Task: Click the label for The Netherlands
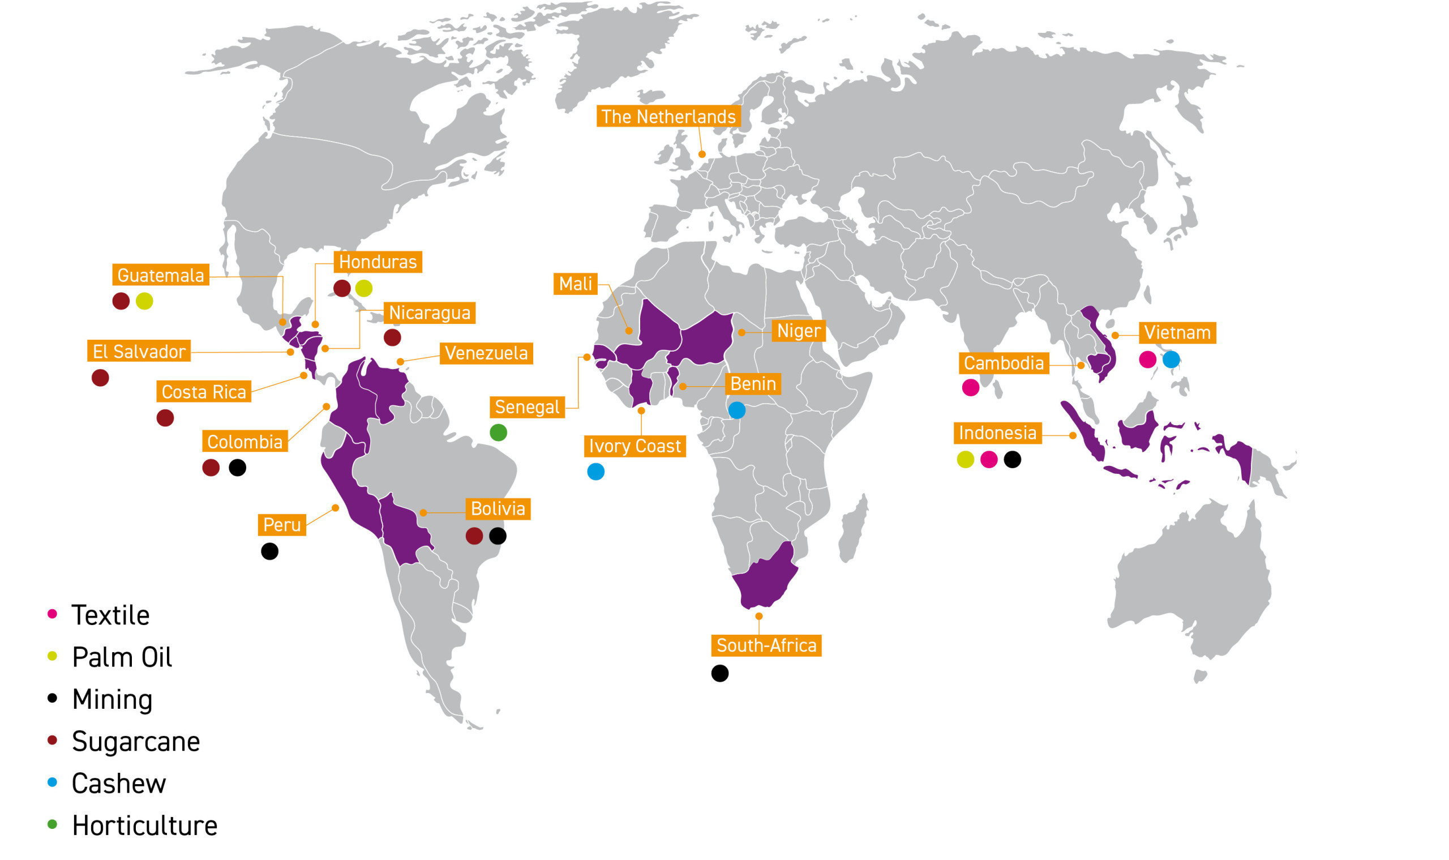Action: click(668, 117)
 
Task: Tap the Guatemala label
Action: click(161, 275)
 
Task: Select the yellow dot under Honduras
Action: click(364, 288)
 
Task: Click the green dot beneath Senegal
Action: click(498, 433)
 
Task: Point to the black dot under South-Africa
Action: click(719, 673)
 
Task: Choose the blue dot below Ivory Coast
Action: click(595, 472)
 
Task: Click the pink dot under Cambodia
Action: click(971, 388)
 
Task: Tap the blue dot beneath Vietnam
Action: click(1171, 360)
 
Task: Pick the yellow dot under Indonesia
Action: click(965, 460)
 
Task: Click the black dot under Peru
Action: click(269, 551)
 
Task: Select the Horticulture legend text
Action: click(144, 826)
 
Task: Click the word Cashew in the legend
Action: click(119, 784)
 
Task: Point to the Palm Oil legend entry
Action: click(122, 657)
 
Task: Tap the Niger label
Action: click(799, 331)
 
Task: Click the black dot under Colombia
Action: click(238, 468)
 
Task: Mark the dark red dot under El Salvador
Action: click(100, 378)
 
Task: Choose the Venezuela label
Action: click(486, 353)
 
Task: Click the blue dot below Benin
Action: click(736, 410)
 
